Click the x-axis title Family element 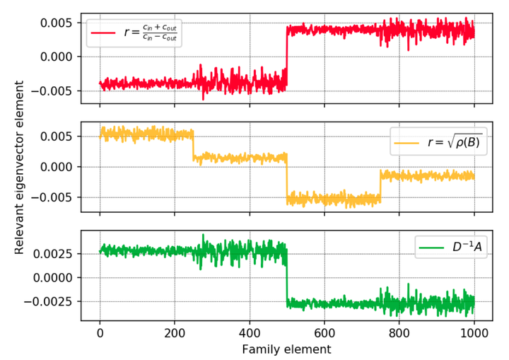click(286, 349)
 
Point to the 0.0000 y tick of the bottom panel click(55, 277)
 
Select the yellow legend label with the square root click(452, 143)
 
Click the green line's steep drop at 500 click(287, 279)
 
